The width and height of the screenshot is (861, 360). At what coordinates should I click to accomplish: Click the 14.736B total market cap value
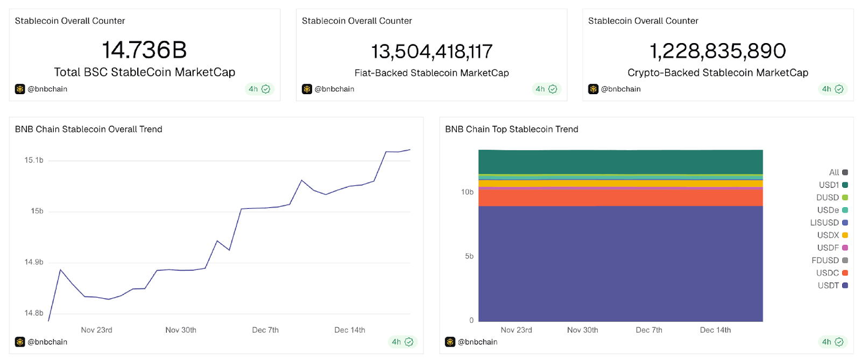(x=144, y=50)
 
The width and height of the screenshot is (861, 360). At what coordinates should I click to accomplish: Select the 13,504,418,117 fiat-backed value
(x=432, y=52)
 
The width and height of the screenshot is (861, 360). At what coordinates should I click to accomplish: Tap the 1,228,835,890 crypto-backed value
(x=718, y=51)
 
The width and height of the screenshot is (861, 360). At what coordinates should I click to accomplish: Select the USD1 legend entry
(x=833, y=185)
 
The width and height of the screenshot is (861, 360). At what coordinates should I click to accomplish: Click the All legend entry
(x=838, y=172)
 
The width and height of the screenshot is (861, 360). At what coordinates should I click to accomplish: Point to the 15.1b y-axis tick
(x=33, y=160)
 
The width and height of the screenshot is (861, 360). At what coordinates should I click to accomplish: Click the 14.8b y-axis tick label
(x=33, y=313)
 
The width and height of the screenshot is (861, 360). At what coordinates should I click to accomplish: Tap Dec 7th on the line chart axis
(x=265, y=330)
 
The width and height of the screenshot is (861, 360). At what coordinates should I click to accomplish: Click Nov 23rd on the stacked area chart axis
(x=516, y=330)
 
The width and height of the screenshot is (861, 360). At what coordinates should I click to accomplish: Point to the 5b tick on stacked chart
(x=469, y=256)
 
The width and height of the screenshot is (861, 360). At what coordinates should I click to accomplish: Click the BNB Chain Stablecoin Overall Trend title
(x=89, y=129)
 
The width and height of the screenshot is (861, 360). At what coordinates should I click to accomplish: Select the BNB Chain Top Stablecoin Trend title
(x=511, y=129)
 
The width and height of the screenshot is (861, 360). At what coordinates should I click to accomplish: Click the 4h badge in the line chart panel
(x=402, y=342)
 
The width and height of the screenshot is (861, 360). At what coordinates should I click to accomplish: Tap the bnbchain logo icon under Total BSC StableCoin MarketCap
(x=20, y=89)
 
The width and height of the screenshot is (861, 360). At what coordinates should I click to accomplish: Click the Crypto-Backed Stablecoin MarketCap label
(x=718, y=73)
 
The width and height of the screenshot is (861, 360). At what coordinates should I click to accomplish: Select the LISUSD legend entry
(x=829, y=223)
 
